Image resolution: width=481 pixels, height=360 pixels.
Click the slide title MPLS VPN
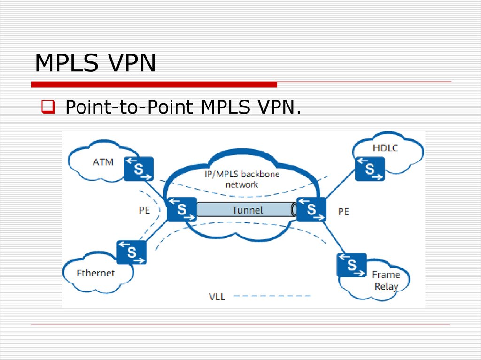pyautogui.click(x=95, y=63)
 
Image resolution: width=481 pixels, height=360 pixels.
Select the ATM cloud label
pyautogui.click(x=103, y=162)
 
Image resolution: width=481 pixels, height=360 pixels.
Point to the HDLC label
pyautogui.click(x=385, y=148)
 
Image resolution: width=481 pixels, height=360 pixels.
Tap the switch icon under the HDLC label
pyautogui.click(x=370, y=169)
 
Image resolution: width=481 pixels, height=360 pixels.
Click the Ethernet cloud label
pyautogui.click(x=96, y=273)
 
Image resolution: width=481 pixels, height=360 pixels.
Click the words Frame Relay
pyautogui.click(x=386, y=280)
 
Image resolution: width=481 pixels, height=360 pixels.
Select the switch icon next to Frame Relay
pyautogui.click(x=351, y=265)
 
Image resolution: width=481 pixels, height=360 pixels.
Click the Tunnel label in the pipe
pyautogui.click(x=248, y=210)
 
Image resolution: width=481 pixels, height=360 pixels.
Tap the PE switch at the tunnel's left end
pyautogui.click(x=181, y=209)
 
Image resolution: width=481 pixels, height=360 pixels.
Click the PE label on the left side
pyautogui.click(x=144, y=210)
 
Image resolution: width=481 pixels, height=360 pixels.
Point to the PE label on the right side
pyautogui.click(x=344, y=212)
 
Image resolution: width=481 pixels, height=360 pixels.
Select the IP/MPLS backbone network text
pyautogui.click(x=242, y=179)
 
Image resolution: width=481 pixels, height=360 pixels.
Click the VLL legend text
pyautogui.click(x=217, y=297)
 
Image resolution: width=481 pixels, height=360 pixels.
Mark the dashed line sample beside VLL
pyautogui.click(x=272, y=296)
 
